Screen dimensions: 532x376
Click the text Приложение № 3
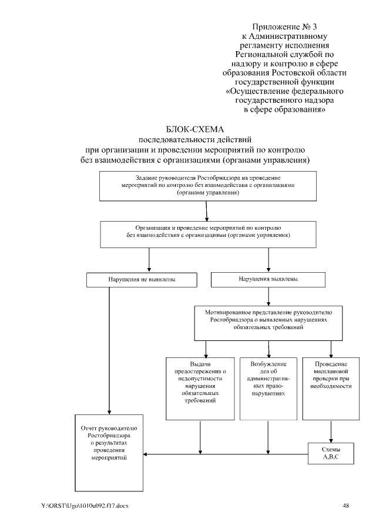[284, 26]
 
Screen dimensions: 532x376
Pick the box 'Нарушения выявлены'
[268, 280]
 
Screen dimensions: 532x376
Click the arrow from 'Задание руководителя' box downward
[207, 211]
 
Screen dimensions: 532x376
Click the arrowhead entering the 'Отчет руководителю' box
[147, 453]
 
